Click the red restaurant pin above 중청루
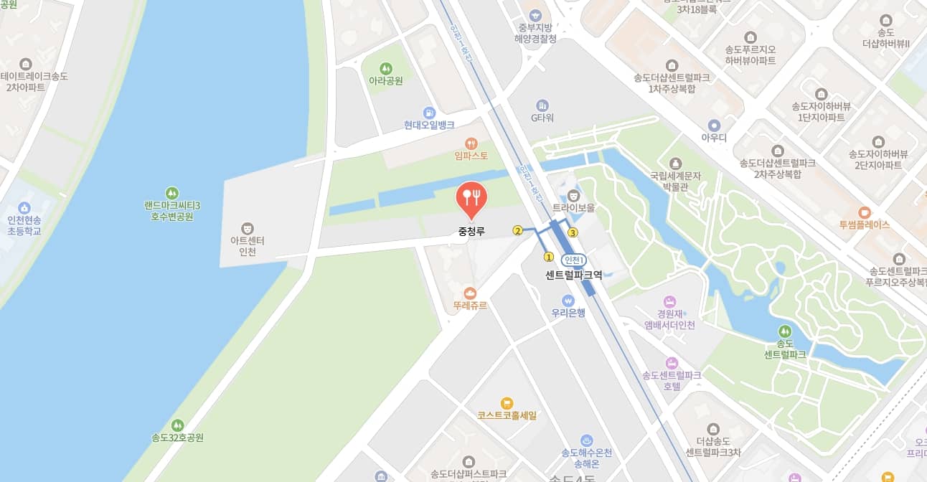471,197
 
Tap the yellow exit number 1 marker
549,256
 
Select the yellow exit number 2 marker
517,230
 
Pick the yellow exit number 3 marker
573,232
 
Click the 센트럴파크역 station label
573,274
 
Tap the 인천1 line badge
574,260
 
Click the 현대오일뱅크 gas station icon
429,113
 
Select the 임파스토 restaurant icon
471,143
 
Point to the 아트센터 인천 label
248,246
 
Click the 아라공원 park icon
386,69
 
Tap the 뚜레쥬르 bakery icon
470,293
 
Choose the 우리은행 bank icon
568,300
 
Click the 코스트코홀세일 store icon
507,403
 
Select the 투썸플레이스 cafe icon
864,212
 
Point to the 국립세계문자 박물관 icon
674,164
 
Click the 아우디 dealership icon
713,125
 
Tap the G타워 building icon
542,105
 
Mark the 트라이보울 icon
573,195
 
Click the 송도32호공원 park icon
177,425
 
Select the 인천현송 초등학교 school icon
24,208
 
